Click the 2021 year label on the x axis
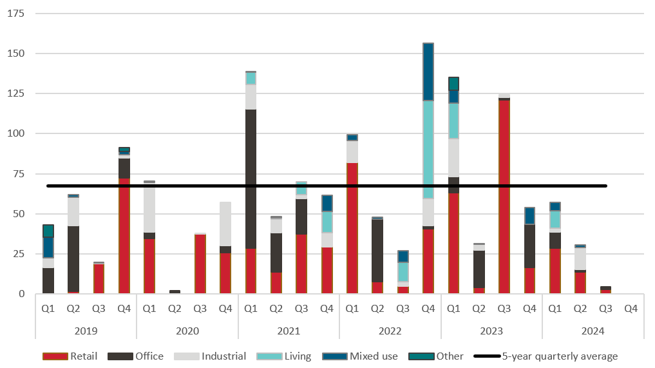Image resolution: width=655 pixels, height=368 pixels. pos(289,331)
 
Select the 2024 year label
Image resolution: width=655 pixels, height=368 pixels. pos(593,331)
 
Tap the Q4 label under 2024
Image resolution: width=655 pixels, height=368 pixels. pos(631,309)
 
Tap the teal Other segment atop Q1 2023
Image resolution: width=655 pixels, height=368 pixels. pos(453,84)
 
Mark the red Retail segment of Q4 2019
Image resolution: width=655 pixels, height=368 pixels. pos(124,236)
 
